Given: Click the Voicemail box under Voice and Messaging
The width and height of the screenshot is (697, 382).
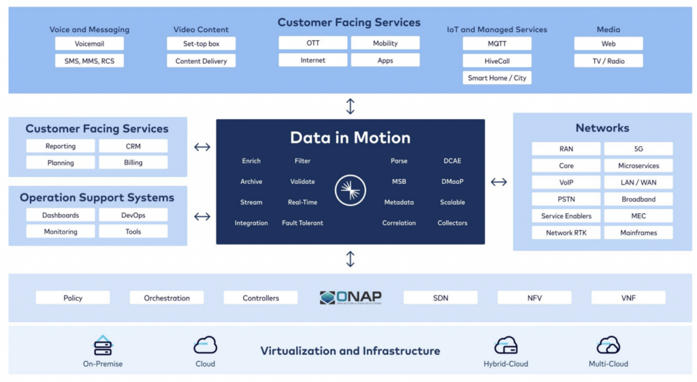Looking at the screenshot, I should pos(89,44).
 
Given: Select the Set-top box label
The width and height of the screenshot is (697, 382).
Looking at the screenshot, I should pos(201,44).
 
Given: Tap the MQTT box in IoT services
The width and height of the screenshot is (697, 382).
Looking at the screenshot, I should pos(497,44).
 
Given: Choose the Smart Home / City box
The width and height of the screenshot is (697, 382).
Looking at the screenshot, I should pos(497,78).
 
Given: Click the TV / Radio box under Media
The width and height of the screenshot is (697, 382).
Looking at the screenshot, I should pos(609,61).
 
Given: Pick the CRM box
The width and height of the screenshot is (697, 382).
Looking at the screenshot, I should pos(133,146).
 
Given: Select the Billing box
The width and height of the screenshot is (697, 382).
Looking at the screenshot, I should pos(133,163).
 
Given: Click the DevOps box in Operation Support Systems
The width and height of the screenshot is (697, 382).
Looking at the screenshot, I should pos(133,215).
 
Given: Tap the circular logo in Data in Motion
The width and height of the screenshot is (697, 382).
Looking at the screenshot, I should pos(350,191).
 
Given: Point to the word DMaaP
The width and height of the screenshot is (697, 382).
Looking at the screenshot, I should pos(453,182).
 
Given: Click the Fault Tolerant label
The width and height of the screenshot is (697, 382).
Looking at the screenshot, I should pos(302,223).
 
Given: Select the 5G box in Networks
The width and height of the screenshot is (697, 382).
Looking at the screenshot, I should pos(638,148).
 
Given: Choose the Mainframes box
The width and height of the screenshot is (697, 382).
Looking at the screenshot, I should pos(638,233).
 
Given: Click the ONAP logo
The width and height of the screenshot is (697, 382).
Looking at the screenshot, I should pos(351,298).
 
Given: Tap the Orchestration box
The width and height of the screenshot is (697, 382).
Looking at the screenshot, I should pos(167,298).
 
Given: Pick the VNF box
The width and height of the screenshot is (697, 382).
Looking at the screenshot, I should pos(628,298).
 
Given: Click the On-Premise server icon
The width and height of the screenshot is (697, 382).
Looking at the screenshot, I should pos(102,345).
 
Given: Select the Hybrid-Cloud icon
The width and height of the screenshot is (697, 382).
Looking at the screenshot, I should pos(506,345).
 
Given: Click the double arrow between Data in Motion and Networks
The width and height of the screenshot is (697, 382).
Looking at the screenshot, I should pos(499,182).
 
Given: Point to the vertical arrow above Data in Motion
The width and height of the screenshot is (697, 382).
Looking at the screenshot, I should pos(351,106).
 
